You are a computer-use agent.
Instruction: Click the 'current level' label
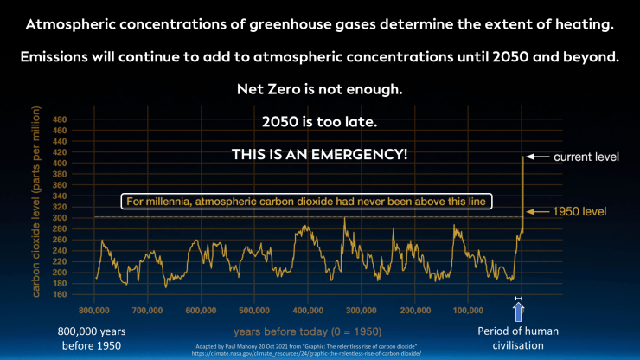588,157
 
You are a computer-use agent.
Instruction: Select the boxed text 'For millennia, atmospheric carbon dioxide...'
308,201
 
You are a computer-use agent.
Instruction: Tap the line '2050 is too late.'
320,121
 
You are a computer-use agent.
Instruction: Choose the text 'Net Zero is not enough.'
320,88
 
